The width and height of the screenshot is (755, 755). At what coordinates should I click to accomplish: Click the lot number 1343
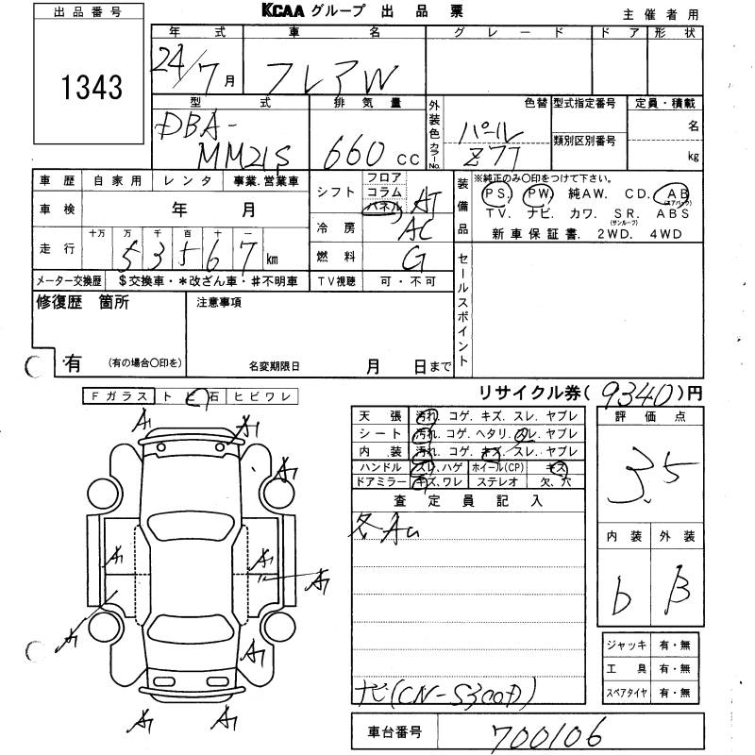(x=92, y=88)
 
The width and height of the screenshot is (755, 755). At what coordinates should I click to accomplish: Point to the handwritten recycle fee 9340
(x=637, y=392)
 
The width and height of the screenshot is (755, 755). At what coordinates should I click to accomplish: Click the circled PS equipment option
(x=493, y=193)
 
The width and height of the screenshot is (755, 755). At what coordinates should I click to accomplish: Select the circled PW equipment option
(x=538, y=193)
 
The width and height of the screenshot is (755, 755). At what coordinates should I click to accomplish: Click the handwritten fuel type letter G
(x=411, y=259)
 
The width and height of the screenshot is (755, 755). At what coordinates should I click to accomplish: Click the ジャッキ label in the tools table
(x=631, y=645)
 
